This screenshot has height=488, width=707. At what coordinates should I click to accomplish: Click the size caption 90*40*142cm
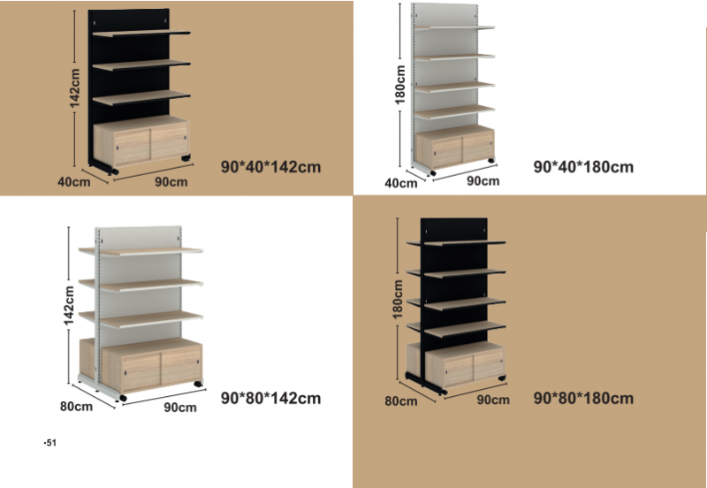click(x=270, y=165)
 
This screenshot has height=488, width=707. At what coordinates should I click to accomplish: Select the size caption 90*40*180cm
click(x=584, y=166)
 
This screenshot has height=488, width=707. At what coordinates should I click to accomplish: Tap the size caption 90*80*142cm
click(x=270, y=398)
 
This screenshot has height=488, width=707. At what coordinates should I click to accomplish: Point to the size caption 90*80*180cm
click(x=584, y=398)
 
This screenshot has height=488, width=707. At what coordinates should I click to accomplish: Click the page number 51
click(x=49, y=441)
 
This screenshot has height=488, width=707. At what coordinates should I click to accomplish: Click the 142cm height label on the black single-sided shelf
click(x=76, y=90)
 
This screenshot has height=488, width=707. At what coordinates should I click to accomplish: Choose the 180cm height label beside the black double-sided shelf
click(x=399, y=299)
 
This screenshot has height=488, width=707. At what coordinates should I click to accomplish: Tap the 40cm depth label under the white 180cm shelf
click(x=401, y=183)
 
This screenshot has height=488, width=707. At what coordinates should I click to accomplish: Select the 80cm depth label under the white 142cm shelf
click(x=76, y=407)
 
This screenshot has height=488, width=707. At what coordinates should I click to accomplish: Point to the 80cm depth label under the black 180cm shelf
click(x=401, y=400)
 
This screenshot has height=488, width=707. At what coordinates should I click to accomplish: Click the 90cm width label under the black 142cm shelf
click(x=171, y=182)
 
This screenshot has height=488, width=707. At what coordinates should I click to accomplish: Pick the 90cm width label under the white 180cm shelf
click(x=483, y=180)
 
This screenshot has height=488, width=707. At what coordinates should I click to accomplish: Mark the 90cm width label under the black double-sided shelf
click(x=493, y=399)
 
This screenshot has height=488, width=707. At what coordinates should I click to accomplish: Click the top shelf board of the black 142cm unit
click(x=141, y=34)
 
